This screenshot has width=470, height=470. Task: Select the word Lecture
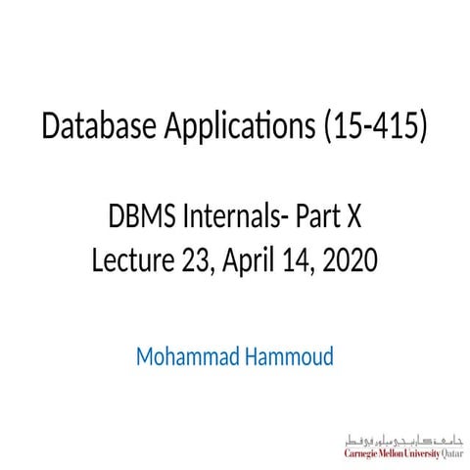130,259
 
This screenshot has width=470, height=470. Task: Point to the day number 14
301,259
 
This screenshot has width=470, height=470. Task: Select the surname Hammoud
287,354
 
